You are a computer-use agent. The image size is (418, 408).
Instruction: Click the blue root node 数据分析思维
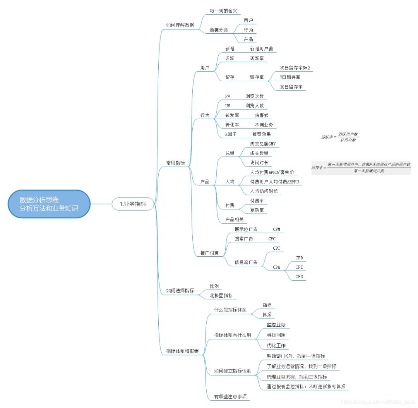tap(49, 204)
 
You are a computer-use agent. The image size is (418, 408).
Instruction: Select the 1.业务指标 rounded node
tap(133, 204)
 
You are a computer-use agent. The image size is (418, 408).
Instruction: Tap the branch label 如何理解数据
tap(180, 25)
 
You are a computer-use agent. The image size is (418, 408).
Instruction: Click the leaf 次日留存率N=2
tap(295, 68)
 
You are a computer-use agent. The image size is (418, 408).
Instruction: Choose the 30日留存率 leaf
tap(291, 87)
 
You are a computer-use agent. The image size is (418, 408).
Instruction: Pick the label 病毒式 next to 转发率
tap(262, 115)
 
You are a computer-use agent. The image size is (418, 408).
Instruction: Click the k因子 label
tap(231, 134)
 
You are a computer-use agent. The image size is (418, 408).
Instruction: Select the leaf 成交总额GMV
tap(263, 144)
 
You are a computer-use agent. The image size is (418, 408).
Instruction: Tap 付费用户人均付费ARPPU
tap(275, 182)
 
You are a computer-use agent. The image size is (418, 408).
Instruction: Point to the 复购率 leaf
tap(257, 210)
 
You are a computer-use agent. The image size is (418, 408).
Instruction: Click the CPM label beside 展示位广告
tap(277, 229)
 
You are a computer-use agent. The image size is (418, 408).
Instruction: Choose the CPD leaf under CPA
tap(299, 257)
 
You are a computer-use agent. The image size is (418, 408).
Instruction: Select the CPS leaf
tap(299, 277)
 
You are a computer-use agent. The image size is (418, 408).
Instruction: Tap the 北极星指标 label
tap(221, 295)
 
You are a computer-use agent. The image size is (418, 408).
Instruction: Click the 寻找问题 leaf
tap(276, 335)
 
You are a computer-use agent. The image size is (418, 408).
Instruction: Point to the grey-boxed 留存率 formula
tap(361, 168)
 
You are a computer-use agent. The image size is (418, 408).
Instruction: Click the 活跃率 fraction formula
tap(340, 137)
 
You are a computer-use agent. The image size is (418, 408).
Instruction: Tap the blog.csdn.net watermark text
tap(375, 402)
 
